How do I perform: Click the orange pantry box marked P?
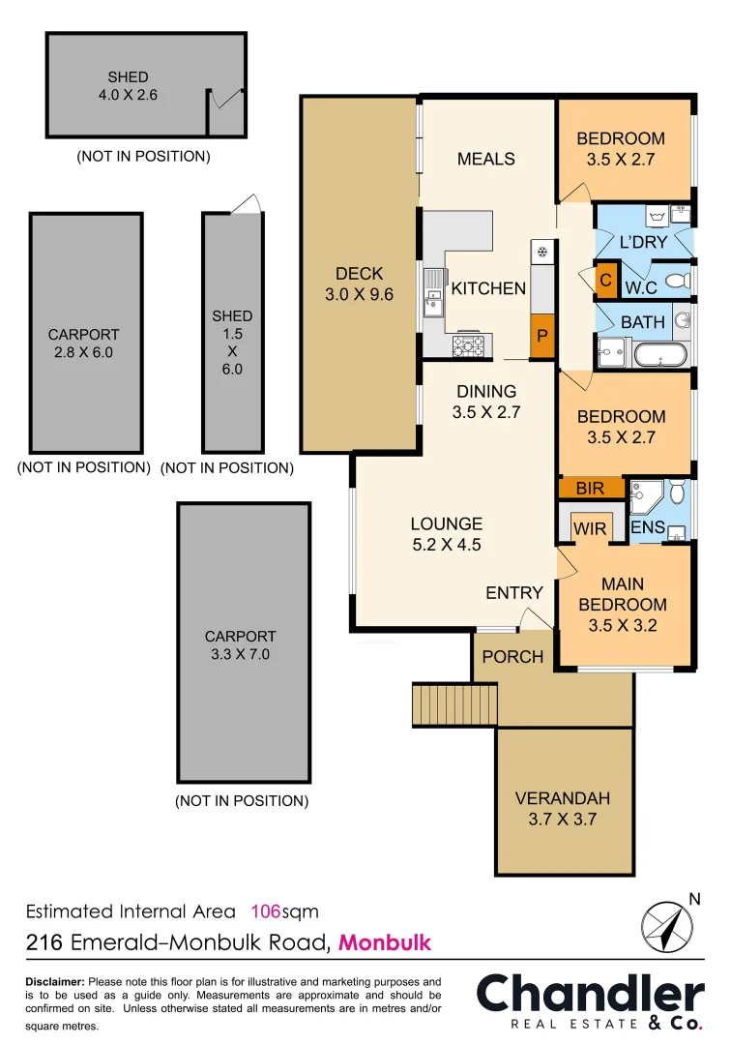pyautogui.click(x=543, y=338)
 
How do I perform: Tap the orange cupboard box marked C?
pyautogui.click(x=606, y=280)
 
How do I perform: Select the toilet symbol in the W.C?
pyautogui.click(x=679, y=281)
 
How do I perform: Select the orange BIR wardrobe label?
pyautogui.click(x=590, y=489)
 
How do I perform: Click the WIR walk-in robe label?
pyautogui.click(x=590, y=528)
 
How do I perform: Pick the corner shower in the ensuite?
pyautogui.click(x=640, y=498)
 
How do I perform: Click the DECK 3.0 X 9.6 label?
pyautogui.click(x=359, y=284)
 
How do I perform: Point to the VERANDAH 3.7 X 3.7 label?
pyautogui.click(x=562, y=809)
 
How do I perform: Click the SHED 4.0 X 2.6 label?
pyautogui.click(x=128, y=86)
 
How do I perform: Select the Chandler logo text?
pyautogui.click(x=590, y=995)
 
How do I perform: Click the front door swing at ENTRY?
pyautogui.click(x=530, y=619)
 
